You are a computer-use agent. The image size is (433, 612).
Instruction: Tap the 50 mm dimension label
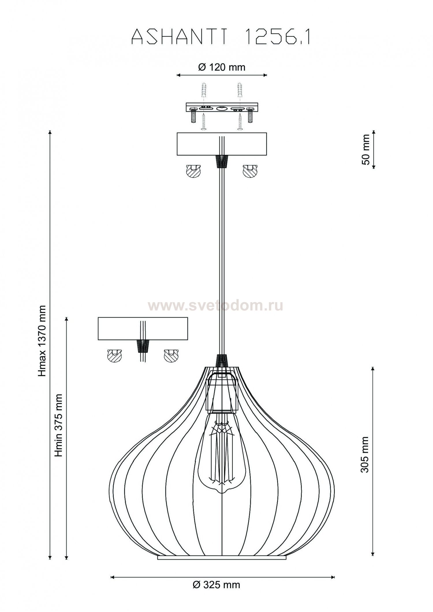tap(365, 149)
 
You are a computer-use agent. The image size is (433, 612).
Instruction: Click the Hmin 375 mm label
tap(59, 425)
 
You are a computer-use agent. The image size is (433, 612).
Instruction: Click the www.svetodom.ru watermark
tap(216, 306)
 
